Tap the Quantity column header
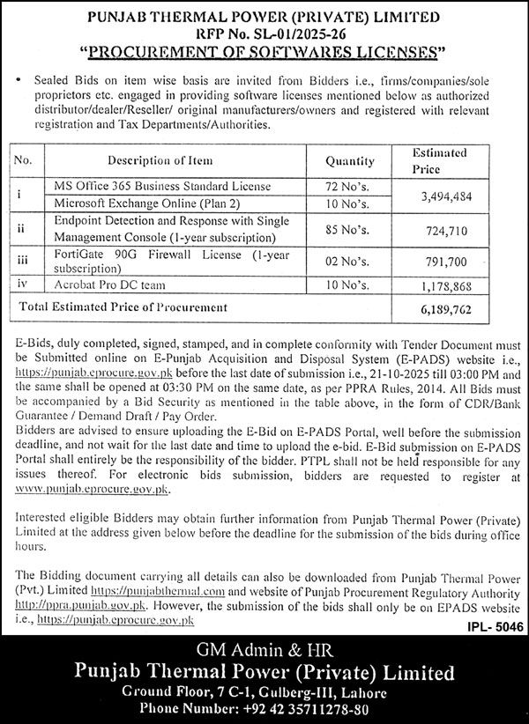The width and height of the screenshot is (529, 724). pyautogui.click(x=349, y=161)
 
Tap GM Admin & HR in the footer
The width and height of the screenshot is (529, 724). pyautogui.click(x=264, y=650)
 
